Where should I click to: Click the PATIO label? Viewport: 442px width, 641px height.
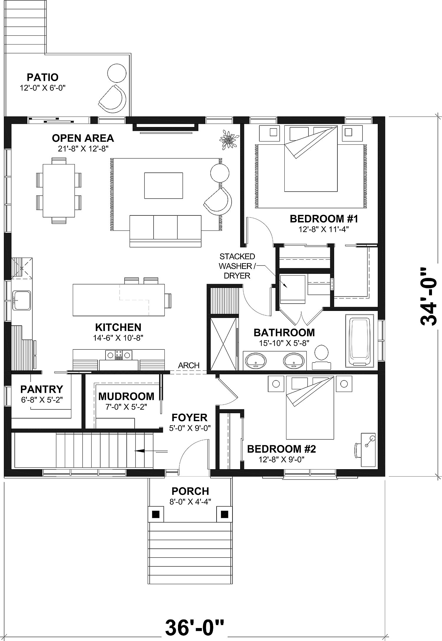point(42,77)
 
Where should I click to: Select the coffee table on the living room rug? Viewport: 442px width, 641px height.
point(163,186)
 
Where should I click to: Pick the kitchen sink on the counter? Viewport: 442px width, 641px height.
point(22,300)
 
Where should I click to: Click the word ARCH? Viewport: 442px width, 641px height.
point(189,365)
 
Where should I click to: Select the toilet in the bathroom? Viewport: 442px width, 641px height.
point(321,353)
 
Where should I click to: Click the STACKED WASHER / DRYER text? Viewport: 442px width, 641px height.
point(237,266)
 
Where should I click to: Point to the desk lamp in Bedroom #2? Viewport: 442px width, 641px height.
point(372,438)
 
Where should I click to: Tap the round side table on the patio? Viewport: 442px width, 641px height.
point(117,73)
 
